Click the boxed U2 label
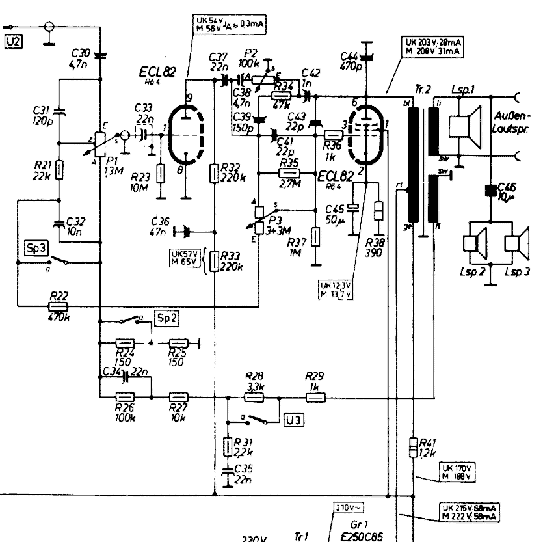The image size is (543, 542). point(13,43)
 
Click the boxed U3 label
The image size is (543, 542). point(294,420)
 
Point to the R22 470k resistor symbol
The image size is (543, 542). point(59,305)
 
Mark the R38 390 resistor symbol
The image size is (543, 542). point(380,214)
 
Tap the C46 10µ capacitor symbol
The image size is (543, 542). point(491,191)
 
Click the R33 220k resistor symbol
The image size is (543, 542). point(214,262)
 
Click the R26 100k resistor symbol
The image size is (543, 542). point(124,396)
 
